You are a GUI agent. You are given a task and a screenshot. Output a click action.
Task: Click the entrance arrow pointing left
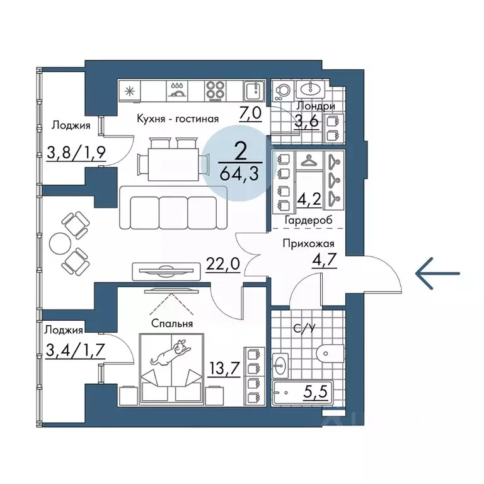click(437, 274)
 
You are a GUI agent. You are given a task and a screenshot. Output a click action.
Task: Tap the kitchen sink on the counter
click(255, 91)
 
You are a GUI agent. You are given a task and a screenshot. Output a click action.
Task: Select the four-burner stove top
click(215, 91)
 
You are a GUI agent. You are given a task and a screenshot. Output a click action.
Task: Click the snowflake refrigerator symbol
click(129, 91)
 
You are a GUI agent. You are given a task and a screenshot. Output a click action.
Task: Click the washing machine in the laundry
click(283, 91)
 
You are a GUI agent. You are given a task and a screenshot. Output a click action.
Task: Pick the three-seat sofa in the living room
click(173, 208)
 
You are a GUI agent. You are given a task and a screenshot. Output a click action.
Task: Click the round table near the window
click(60, 243)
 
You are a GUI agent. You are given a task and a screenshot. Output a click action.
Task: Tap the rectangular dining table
click(173, 164)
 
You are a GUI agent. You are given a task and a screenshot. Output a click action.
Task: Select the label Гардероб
click(308, 221)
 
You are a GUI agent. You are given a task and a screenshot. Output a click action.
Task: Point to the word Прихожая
click(308, 244)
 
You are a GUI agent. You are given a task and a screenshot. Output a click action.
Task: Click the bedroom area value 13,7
click(225, 367)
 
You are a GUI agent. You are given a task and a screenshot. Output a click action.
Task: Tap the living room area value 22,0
click(223, 264)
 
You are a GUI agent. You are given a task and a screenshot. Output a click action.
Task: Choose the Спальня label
click(172, 323)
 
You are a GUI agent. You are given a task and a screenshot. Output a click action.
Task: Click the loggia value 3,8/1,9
click(76, 153)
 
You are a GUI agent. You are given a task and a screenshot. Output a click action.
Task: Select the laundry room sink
click(311, 89)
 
